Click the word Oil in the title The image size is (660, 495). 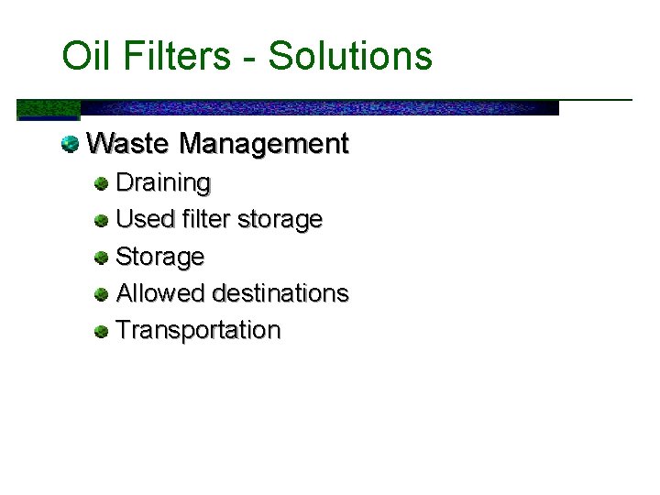click(x=82, y=56)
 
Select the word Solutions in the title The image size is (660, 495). click(x=350, y=56)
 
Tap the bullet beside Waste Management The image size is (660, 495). click(x=70, y=144)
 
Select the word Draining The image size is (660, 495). click(x=163, y=183)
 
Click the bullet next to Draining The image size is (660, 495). click(x=101, y=183)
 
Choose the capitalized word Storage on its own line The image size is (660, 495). click(x=160, y=257)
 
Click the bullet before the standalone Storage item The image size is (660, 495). click(x=101, y=258)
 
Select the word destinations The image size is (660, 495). click(x=280, y=293)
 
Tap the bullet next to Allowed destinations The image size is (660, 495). click(x=101, y=294)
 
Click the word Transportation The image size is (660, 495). click(x=198, y=330)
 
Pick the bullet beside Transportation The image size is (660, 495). click(x=101, y=331)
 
